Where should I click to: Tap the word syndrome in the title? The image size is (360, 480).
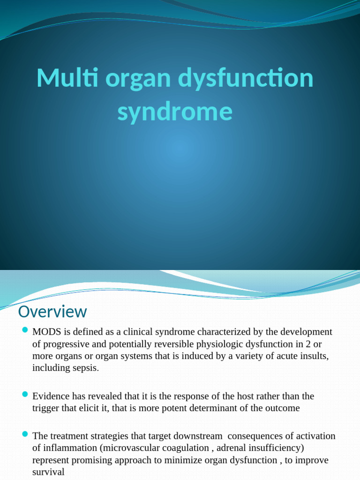click(175, 112)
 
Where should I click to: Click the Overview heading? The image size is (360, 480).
click(52, 312)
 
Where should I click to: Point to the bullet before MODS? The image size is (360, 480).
click(25, 331)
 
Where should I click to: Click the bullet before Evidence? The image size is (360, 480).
click(25, 395)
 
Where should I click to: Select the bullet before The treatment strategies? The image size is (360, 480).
click(25, 435)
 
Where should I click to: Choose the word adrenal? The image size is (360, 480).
click(232, 448)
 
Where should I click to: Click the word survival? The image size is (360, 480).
click(48, 472)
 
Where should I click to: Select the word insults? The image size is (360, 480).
click(315, 356)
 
